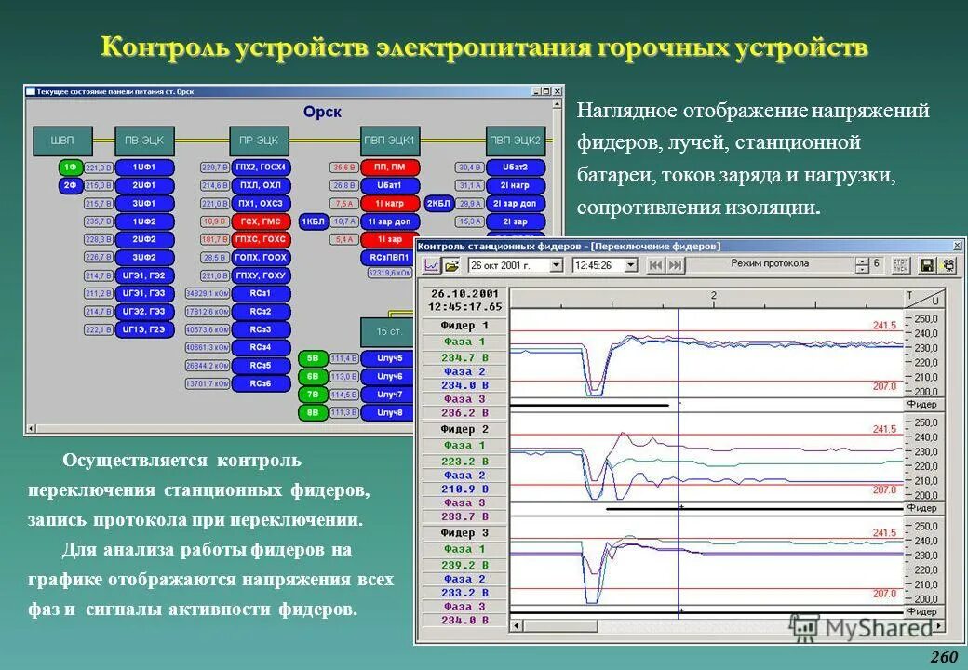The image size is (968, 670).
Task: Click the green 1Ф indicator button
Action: click(x=70, y=167)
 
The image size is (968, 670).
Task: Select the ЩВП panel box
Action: click(x=62, y=140)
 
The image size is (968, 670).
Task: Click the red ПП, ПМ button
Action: click(x=389, y=167)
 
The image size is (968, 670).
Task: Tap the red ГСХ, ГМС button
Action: click(x=261, y=221)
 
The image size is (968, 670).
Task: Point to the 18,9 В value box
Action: click(x=214, y=221)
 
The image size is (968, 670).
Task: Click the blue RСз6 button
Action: click(x=261, y=383)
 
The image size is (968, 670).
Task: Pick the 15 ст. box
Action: click(x=388, y=331)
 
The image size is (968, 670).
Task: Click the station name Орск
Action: click(x=322, y=112)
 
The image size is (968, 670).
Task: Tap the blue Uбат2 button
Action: click(x=515, y=167)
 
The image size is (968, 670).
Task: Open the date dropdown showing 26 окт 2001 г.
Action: click(x=557, y=265)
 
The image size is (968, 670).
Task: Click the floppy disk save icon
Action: click(x=927, y=265)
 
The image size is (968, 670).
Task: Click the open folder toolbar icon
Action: click(x=452, y=265)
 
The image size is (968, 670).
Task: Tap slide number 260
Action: click(x=943, y=657)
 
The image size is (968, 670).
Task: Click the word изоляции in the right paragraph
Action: click(x=775, y=207)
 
